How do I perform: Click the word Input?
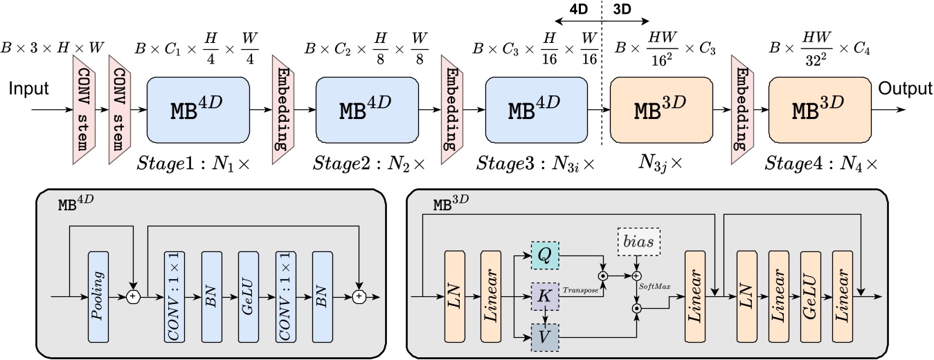tap(29, 89)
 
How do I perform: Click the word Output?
tap(905, 89)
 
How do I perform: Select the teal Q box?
tap(545, 255)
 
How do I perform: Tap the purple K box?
tap(545, 296)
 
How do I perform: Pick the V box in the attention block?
tap(545, 337)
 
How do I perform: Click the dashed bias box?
tap(638, 242)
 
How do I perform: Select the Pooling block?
tap(98, 296)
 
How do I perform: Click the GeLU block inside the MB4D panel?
tap(249, 296)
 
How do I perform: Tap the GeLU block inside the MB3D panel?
tap(811, 296)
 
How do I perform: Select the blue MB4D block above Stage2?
tap(367, 110)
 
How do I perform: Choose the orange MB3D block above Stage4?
tap(820, 110)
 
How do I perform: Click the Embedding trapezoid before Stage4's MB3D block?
tap(743, 109)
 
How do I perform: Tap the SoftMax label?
tap(655, 287)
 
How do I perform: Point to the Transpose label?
tap(580, 290)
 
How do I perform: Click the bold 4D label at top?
tap(578, 9)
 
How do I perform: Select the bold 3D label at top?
tap(622, 9)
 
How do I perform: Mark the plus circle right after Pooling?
tap(133, 296)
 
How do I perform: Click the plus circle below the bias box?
tap(636, 276)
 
